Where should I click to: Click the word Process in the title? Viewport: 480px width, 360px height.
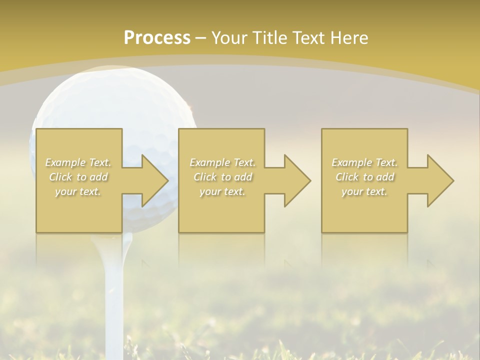click(x=157, y=38)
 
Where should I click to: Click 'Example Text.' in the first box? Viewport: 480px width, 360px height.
click(x=78, y=162)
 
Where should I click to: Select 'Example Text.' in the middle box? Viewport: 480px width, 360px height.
click(x=222, y=162)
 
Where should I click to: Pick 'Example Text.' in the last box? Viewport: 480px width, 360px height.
click(x=364, y=162)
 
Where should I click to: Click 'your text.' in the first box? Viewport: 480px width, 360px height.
click(x=78, y=191)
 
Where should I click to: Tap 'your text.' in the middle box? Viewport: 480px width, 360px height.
click(x=222, y=191)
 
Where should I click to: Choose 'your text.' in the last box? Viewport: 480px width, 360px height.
click(x=364, y=191)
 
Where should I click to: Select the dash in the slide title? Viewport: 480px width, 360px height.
click(x=201, y=38)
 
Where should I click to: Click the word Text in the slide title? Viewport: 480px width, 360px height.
click(x=309, y=38)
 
